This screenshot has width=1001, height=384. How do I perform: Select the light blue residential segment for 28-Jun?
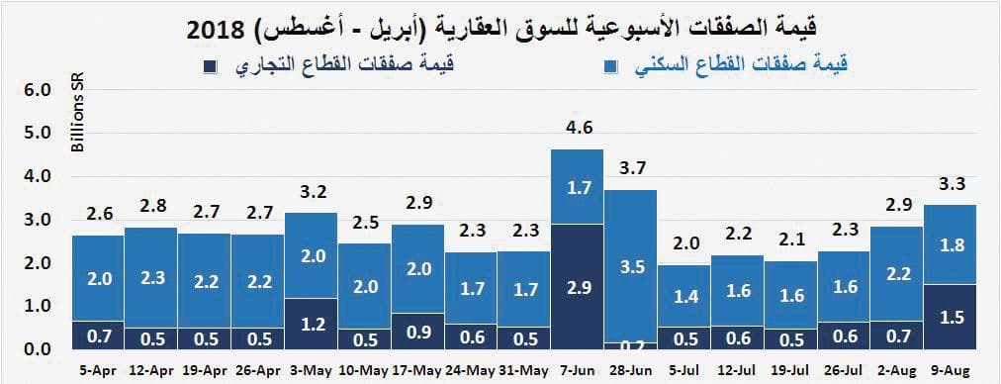coord(630,265)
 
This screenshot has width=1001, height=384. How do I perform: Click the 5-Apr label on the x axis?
coord(97,372)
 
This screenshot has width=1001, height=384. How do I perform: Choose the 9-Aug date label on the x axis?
coord(951,372)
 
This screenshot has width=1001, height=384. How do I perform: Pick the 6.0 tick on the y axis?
coord(38,90)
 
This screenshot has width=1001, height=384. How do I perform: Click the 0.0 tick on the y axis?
coord(38,349)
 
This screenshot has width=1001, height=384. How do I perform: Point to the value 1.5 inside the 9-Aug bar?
coord(951,318)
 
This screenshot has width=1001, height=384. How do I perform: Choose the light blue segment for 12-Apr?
coord(150,278)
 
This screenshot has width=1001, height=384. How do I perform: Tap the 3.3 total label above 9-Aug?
coord(951,183)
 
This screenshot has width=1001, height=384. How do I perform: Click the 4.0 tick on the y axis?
coord(38,176)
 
